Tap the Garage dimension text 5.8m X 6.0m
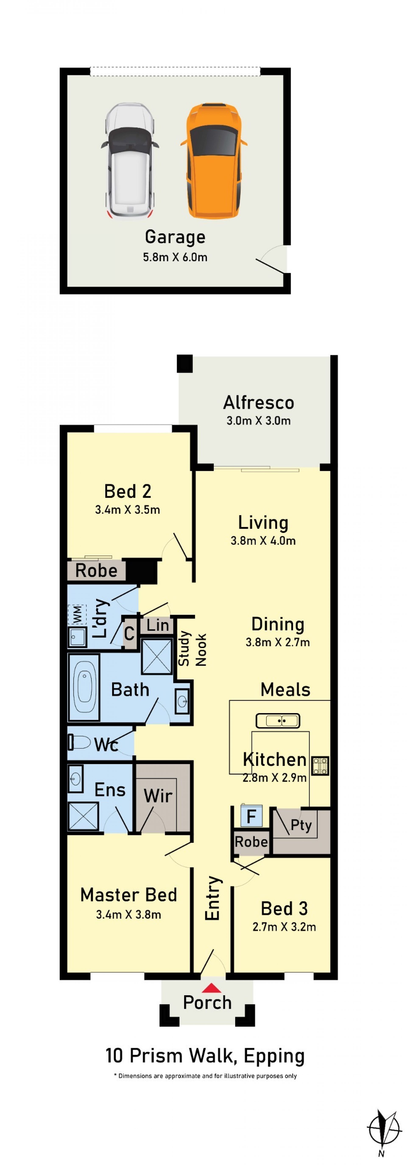click(175, 257)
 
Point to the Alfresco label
click(258, 403)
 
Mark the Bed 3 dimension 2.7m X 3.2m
click(284, 927)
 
